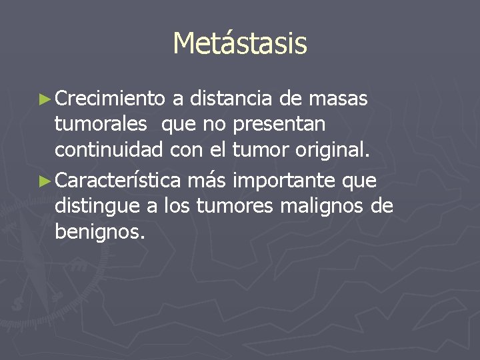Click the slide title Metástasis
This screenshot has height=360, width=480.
[x=240, y=44]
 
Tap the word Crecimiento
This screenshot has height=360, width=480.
[x=110, y=99]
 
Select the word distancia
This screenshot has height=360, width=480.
[x=231, y=99]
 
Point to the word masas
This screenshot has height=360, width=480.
[x=341, y=99]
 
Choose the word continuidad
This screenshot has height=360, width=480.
[x=109, y=150]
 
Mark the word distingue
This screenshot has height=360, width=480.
[x=97, y=207]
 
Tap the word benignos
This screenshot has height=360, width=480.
[x=99, y=233]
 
